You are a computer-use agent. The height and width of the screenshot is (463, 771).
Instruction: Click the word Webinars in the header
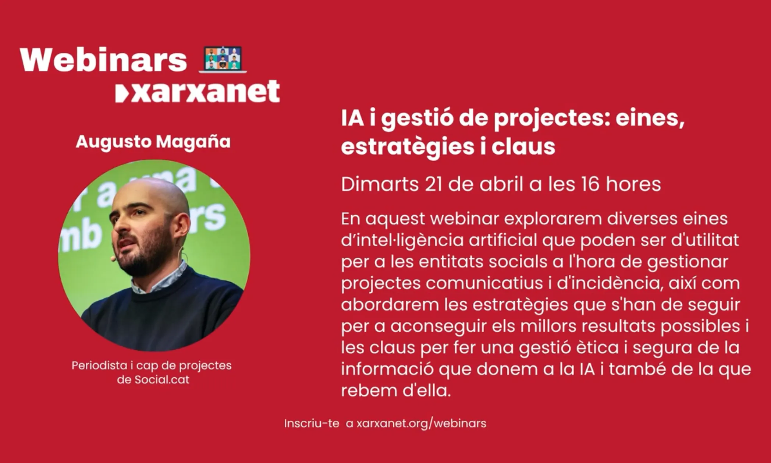point(103,60)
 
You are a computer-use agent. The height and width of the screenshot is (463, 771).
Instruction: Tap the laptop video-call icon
point(223,59)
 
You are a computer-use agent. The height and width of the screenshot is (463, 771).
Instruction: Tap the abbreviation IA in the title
point(352,119)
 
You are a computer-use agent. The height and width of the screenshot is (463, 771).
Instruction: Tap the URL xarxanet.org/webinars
point(421,423)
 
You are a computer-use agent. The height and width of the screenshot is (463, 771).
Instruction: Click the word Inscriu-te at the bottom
point(311,423)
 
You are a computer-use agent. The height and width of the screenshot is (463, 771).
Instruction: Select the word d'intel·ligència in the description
point(402,240)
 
